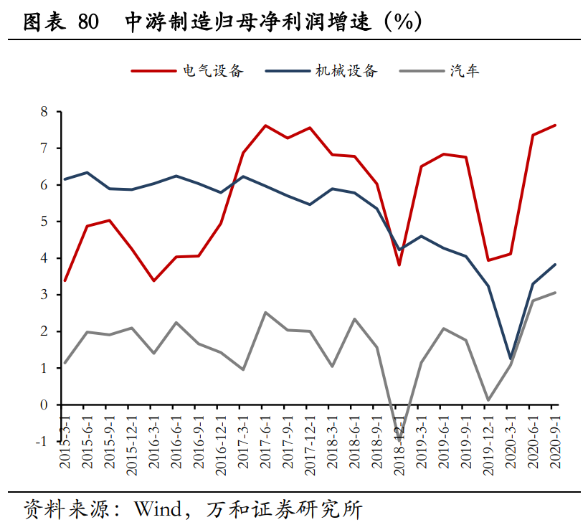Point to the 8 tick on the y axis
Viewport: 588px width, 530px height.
pos(44,112)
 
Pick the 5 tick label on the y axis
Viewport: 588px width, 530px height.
pos(44,222)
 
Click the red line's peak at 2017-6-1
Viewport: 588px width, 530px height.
pos(265,126)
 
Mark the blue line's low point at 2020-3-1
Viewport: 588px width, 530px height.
pos(511,358)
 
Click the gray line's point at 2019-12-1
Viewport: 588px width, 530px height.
pos(488,399)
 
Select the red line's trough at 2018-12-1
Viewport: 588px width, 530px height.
pos(399,265)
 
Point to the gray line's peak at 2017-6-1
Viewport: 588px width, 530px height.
pos(265,312)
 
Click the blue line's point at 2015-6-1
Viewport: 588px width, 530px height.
pos(87,172)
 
